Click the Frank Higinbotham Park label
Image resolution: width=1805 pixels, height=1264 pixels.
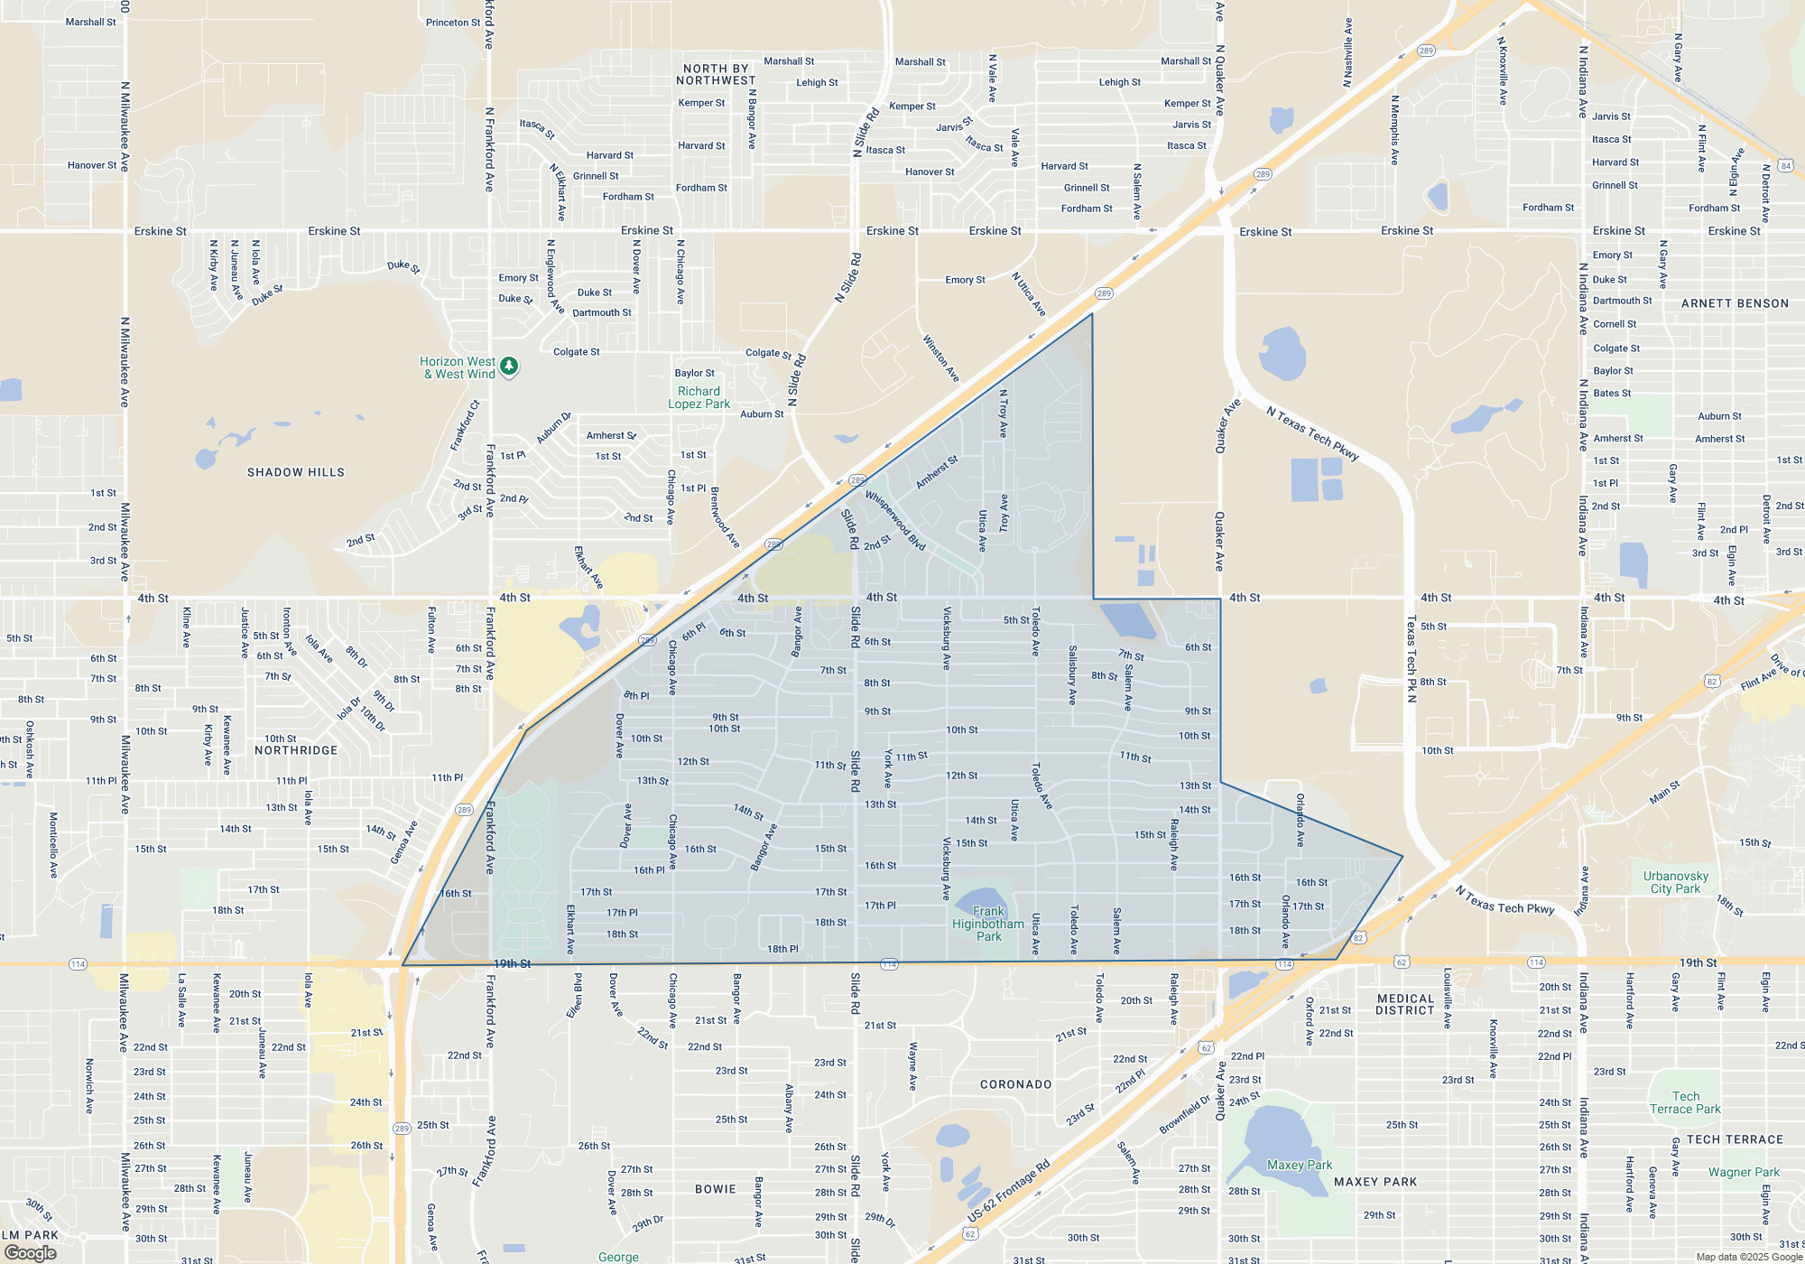point(988,924)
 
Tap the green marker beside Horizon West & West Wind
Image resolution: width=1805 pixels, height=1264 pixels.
point(509,366)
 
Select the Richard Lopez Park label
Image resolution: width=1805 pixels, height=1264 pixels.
point(699,397)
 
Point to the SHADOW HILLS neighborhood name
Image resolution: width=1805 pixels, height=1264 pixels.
point(296,472)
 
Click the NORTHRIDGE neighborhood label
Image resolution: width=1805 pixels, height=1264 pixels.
point(296,750)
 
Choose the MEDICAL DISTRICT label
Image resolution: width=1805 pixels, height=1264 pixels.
point(1405,1004)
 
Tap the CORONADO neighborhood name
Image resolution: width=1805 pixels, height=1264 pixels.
point(1016,1084)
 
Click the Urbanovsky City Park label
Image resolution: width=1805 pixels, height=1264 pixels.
point(1676,882)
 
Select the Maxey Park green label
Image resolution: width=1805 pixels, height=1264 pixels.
point(1300,1165)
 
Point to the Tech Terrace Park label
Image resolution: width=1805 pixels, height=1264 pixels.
point(1685,1102)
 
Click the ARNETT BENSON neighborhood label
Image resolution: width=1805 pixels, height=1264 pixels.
point(1735,303)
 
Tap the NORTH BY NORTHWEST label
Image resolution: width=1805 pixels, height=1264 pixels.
point(716,74)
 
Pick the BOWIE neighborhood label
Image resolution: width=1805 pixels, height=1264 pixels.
point(716,1189)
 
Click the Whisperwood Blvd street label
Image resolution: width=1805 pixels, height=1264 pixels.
point(895,520)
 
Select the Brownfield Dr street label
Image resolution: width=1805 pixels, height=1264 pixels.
point(1185,1115)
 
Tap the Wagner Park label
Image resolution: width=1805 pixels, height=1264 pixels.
point(1744,1172)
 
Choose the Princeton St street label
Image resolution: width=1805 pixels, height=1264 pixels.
point(453,23)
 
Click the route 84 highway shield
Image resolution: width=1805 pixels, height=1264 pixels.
point(1785,165)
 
